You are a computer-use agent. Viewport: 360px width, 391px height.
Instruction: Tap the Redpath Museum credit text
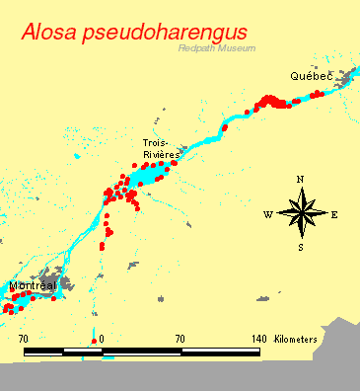(217, 48)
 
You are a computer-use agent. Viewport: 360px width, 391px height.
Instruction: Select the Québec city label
(311, 76)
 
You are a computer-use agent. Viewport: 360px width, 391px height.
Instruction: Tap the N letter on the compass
(301, 179)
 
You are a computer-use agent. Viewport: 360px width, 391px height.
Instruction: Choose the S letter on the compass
(301, 248)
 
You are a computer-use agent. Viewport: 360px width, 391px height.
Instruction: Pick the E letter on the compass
(334, 214)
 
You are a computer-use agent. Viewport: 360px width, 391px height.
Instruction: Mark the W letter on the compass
(267, 214)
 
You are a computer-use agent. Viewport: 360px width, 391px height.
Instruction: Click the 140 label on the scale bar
(259, 339)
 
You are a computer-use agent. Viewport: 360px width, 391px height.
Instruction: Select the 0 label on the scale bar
(102, 339)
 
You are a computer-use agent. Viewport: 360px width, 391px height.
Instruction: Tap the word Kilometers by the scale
(296, 339)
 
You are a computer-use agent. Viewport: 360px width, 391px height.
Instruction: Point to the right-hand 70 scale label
(180, 339)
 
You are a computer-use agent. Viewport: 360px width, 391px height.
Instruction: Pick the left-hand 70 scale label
(24, 339)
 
